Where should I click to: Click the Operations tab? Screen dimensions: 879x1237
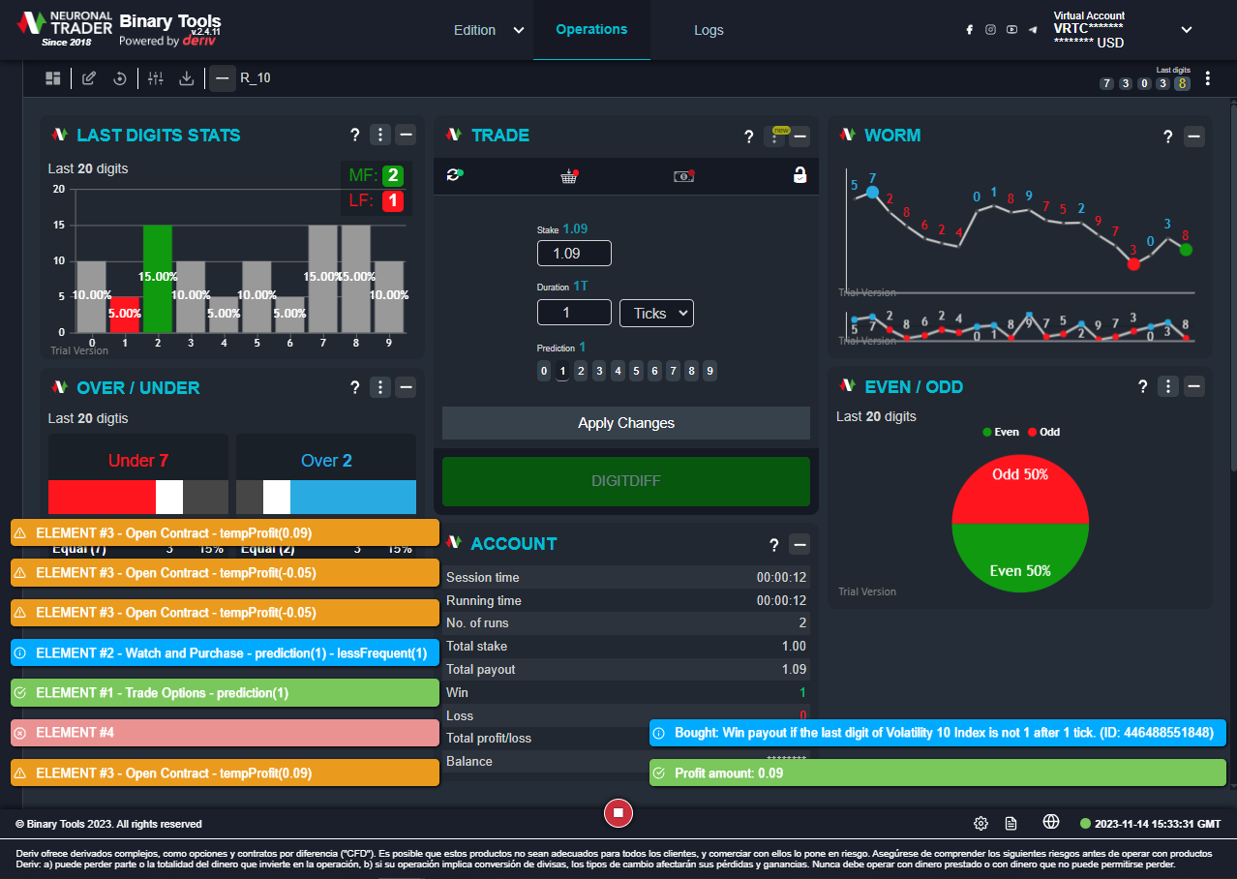pos(591,30)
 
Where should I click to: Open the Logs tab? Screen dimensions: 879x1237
pos(709,30)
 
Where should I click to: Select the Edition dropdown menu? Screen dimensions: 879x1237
pos(489,30)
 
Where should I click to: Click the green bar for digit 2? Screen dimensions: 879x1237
pos(158,279)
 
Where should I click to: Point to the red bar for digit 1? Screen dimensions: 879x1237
pos(125,314)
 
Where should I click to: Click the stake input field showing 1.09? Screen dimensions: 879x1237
pos(574,254)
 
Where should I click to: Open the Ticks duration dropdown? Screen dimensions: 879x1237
pos(656,313)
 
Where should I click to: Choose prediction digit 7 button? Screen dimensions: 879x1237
pos(673,371)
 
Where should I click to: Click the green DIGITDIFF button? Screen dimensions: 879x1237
pos(625,481)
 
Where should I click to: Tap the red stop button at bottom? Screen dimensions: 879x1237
pos(618,813)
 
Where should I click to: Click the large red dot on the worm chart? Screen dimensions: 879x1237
pos(1133,263)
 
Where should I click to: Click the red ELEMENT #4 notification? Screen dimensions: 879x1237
pos(225,733)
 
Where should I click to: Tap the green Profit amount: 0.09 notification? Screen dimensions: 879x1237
pos(937,773)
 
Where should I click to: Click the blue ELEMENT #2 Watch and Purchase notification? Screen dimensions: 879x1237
pos(225,653)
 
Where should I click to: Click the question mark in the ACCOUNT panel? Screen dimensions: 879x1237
pos(773,544)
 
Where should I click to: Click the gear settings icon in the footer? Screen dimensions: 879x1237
pos(981,824)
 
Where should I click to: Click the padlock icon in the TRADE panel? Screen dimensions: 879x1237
pos(799,175)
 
